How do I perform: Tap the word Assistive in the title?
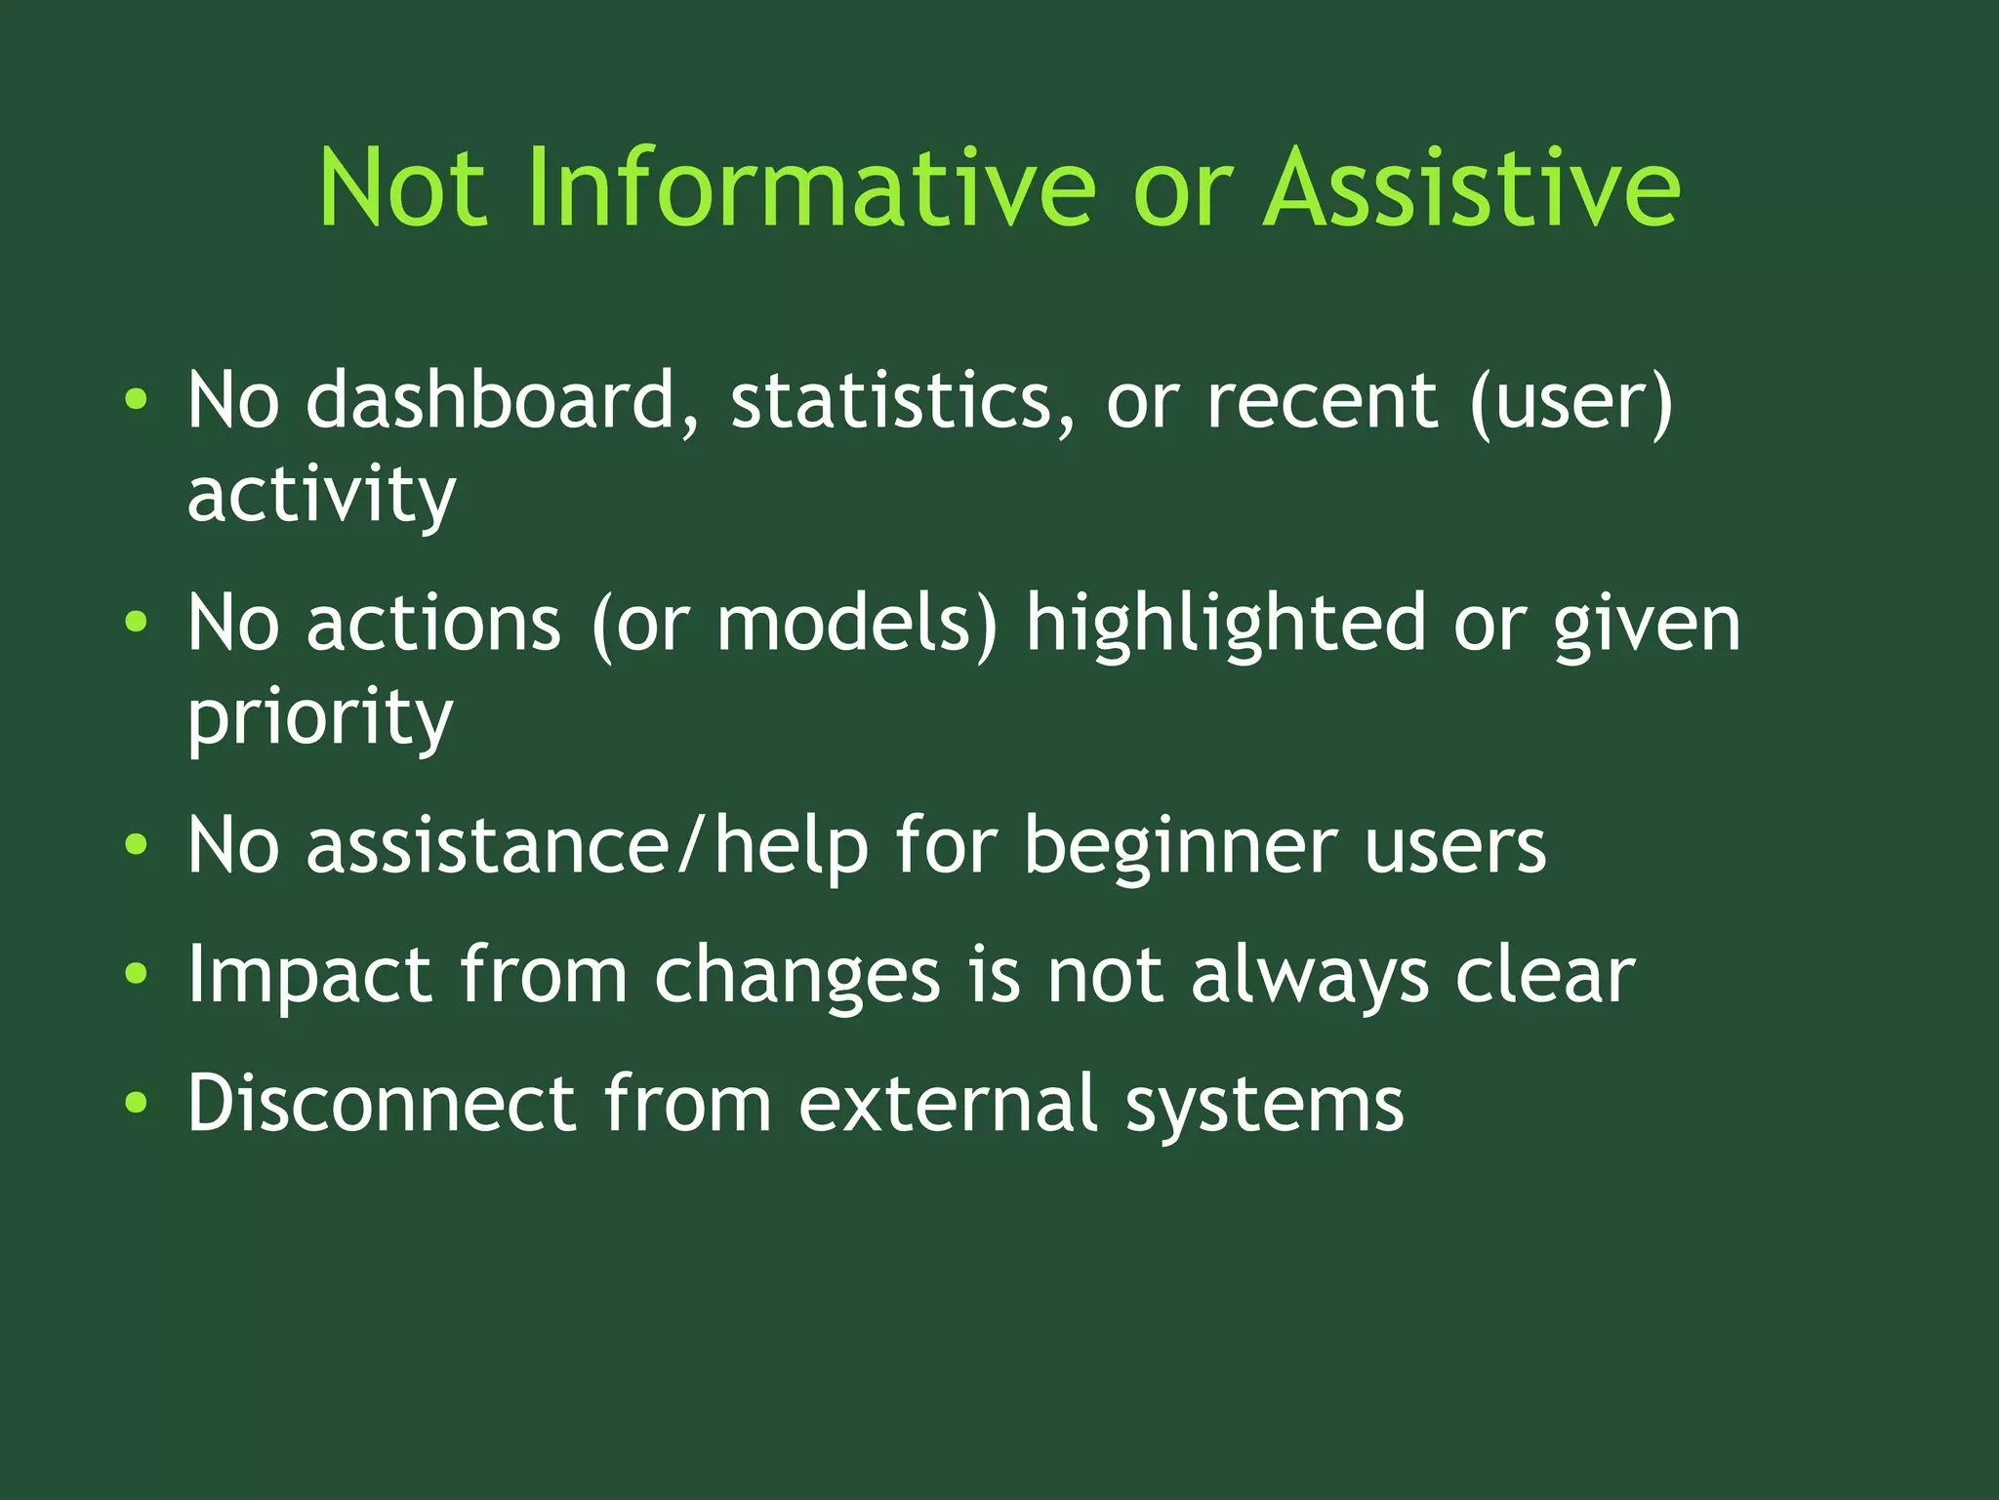point(1472,187)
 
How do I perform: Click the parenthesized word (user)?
point(1571,400)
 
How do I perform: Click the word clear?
point(1544,974)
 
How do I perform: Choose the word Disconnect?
point(382,1103)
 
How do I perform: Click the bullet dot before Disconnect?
point(137,1103)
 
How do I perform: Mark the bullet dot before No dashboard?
point(137,399)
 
